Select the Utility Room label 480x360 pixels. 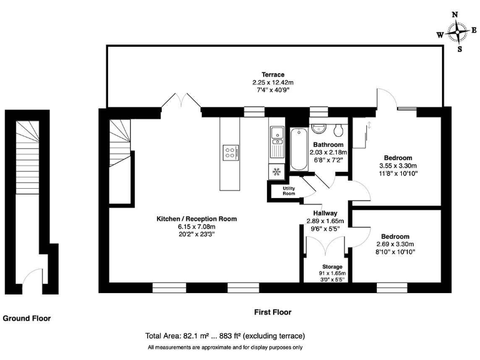pos(289,191)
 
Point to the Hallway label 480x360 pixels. pos(326,213)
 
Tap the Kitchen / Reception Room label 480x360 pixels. pos(196,219)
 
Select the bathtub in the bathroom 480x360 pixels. pos(298,149)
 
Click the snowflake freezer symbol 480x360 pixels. pos(276,171)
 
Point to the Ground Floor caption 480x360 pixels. pos(27,318)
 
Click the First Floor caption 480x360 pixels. pos(272,312)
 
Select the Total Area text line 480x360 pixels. pos(225,336)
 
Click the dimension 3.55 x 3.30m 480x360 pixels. pos(398,166)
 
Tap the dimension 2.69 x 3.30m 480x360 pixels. pos(395,244)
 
